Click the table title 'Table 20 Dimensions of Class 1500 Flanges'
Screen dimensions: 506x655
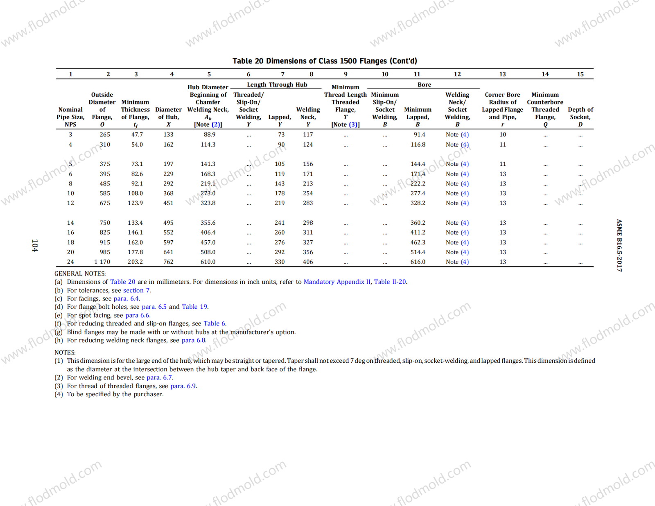coord(325,61)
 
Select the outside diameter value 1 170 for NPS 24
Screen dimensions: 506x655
coord(102,262)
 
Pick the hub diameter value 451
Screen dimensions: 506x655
coord(168,203)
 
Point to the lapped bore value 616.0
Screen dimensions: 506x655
coord(418,262)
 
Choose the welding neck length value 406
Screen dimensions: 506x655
coord(308,262)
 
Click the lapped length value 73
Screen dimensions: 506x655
coord(281,135)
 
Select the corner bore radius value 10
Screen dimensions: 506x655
coord(502,135)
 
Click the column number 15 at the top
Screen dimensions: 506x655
coord(580,74)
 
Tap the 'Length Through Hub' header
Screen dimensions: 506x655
coord(277,85)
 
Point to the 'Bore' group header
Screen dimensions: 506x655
coord(424,85)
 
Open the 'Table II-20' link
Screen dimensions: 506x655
coord(390,282)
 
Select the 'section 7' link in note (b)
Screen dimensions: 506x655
coord(136,291)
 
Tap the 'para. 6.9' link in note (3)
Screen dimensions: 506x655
coord(183,386)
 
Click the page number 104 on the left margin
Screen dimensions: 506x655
coord(35,246)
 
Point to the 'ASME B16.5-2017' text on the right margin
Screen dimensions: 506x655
coord(619,246)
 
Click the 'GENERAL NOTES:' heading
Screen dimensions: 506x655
coord(80,273)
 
